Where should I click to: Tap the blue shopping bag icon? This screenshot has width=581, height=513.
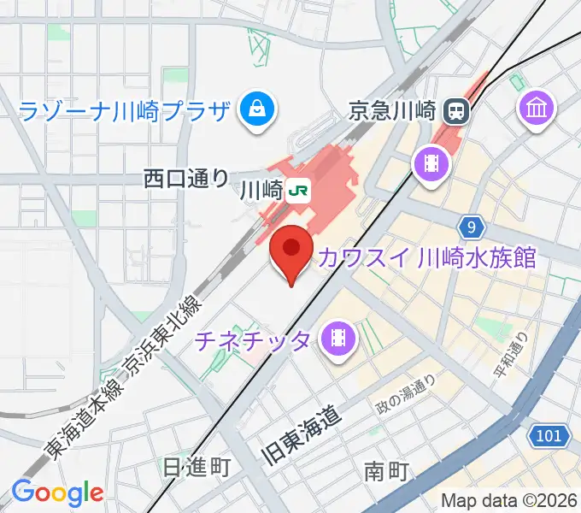pos(255,109)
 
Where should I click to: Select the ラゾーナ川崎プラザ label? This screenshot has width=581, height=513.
pos(125,111)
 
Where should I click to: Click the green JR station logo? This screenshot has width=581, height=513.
pos(298,189)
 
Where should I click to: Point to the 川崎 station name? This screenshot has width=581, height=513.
pos(260,189)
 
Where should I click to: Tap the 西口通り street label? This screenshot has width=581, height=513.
pos(186,179)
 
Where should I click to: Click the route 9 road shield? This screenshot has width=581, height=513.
pos(470,227)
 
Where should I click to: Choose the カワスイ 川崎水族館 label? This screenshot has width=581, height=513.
pos(427,256)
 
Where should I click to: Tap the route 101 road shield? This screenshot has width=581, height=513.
pos(549,436)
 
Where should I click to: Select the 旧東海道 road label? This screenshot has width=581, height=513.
pos(302,436)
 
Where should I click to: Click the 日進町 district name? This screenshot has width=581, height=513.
pos(197,467)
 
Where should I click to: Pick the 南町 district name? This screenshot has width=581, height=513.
pos(387,471)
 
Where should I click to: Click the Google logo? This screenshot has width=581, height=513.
pos(57,492)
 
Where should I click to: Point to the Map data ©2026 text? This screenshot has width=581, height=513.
pos(508,500)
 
